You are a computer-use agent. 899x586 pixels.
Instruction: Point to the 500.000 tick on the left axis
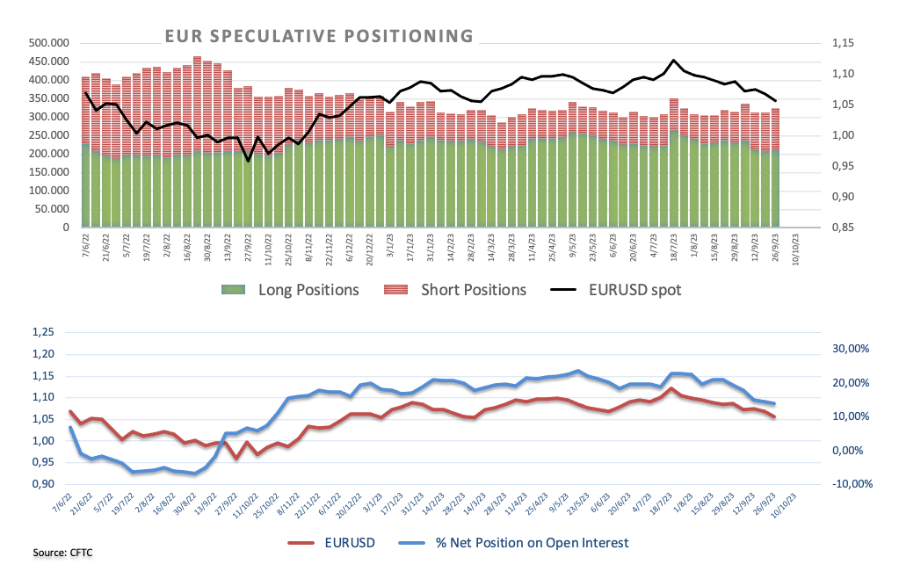click(51, 42)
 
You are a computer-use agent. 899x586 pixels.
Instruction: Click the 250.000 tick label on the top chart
click(51, 135)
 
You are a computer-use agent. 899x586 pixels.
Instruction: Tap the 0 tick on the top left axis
click(67, 228)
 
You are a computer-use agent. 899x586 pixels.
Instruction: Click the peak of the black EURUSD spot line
click(673, 61)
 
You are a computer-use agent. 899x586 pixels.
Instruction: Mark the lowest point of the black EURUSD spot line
click(248, 161)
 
